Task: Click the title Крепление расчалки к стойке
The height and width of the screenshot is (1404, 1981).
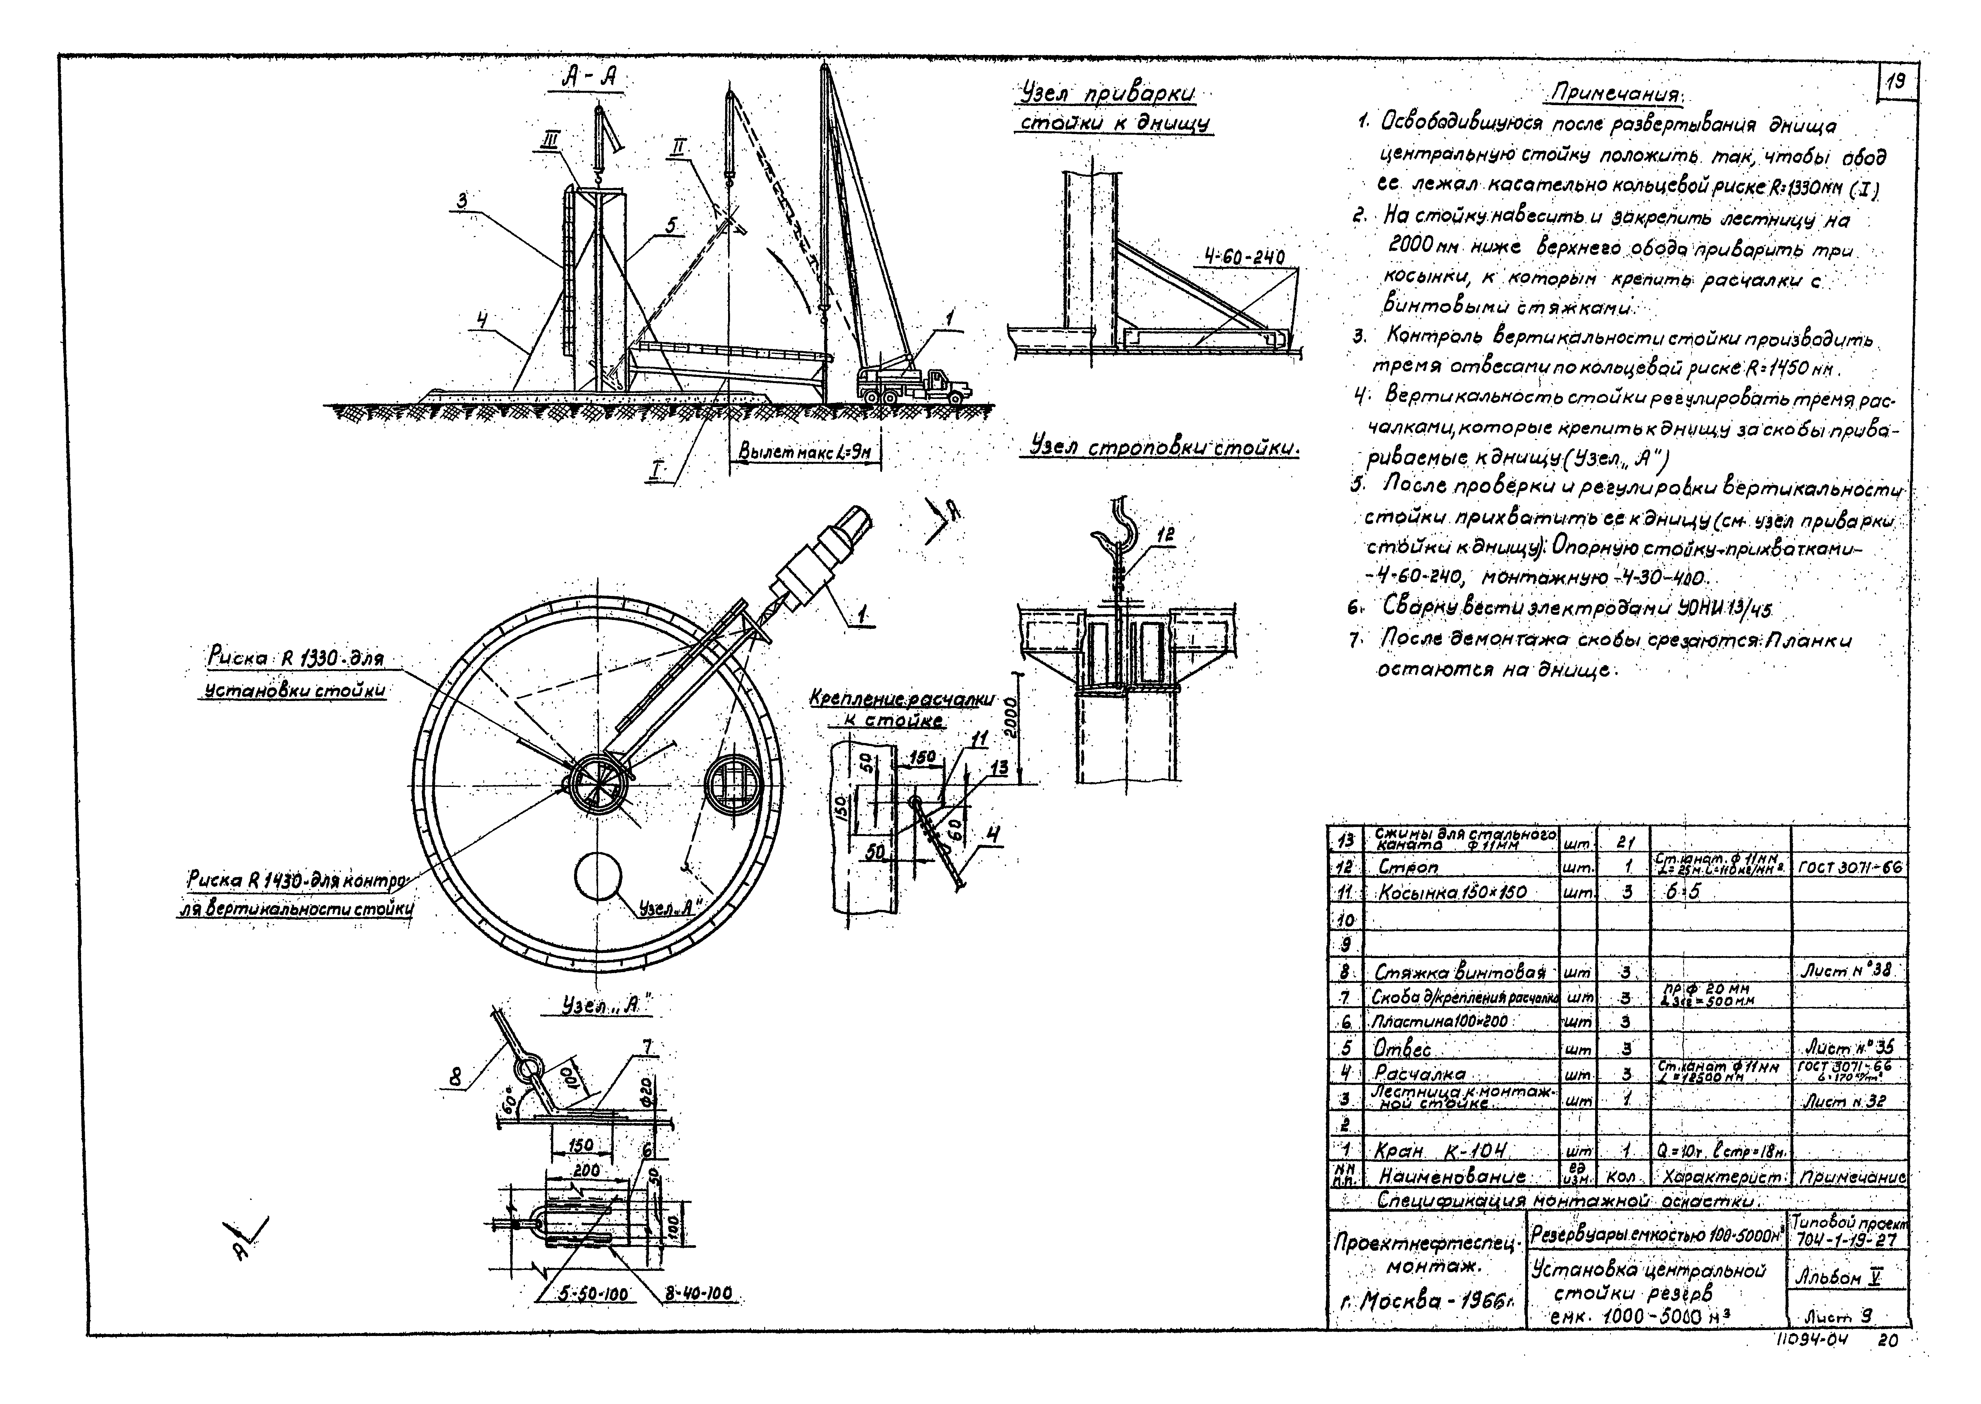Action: click(901, 709)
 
